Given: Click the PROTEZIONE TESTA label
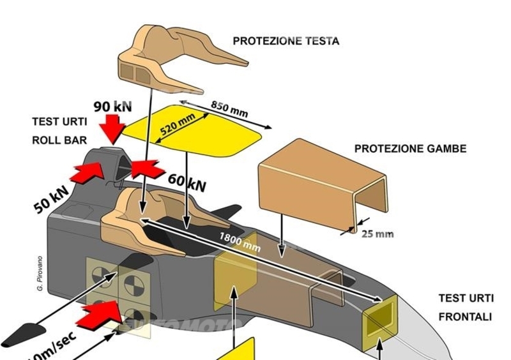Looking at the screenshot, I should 286,41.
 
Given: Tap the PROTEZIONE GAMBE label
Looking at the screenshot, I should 410,149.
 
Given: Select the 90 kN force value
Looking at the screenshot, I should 112,106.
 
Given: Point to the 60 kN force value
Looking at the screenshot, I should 187,184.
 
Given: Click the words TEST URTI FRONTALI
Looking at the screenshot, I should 465,307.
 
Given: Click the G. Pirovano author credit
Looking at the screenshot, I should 40,275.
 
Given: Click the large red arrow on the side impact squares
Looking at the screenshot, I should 103,312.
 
